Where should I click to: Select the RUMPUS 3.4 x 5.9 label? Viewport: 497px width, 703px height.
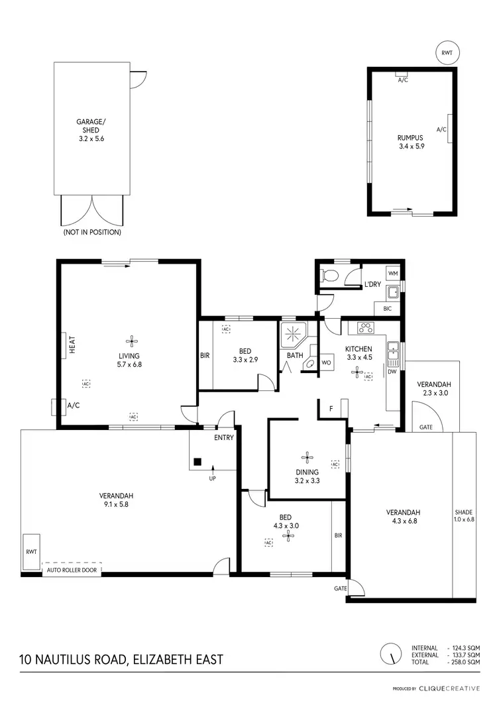pyautogui.click(x=410, y=142)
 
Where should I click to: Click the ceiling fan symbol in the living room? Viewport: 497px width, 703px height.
pyautogui.click(x=133, y=341)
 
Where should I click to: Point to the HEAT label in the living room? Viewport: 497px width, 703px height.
pyautogui.click(x=72, y=345)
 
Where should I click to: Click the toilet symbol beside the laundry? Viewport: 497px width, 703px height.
pyautogui.click(x=330, y=276)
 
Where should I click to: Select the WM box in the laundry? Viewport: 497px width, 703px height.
pyautogui.click(x=392, y=273)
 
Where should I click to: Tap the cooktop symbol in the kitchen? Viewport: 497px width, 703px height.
pyautogui.click(x=365, y=327)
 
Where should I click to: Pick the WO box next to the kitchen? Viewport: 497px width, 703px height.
pyautogui.click(x=326, y=363)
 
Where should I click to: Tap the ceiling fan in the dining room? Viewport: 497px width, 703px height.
pyautogui.click(x=307, y=456)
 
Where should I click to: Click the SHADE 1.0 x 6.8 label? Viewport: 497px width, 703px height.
pyautogui.click(x=463, y=517)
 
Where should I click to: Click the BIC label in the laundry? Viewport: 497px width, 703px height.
pyautogui.click(x=388, y=309)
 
